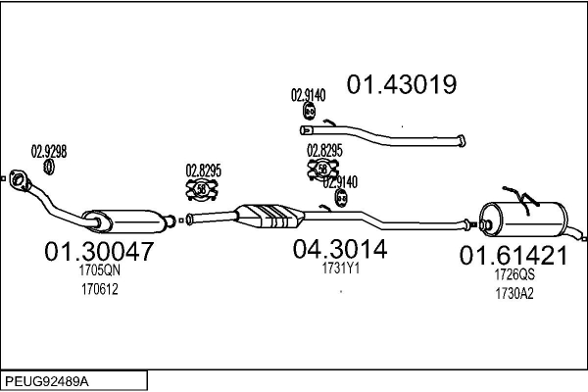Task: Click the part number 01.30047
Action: click(x=99, y=251)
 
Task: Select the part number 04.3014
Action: click(x=340, y=249)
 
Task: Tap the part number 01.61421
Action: click(x=514, y=256)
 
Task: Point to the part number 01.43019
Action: click(x=402, y=84)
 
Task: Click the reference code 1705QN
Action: click(x=100, y=269)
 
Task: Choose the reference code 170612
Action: click(x=100, y=289)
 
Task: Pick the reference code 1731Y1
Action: click(x=340, y=268)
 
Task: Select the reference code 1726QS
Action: click(x=514, y=274)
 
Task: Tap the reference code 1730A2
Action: click(x=514, y=293)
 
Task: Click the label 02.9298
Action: click(x=49, y=152)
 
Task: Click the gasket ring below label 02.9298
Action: click(x=49, y=167)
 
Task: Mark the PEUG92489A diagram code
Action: click(x=47, y=381)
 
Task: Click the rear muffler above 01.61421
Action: click(x=524, y=220)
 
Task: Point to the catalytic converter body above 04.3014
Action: click(x=270, y=216)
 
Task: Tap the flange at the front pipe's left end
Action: click(x=19, y=179)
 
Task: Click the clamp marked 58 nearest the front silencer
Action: click(x=202, y=189)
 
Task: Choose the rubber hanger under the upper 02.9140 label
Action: click(x=309, y=111)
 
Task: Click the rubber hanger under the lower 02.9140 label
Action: click(x=341, y=198)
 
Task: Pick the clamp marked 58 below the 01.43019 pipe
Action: click(x=322, y=170)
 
